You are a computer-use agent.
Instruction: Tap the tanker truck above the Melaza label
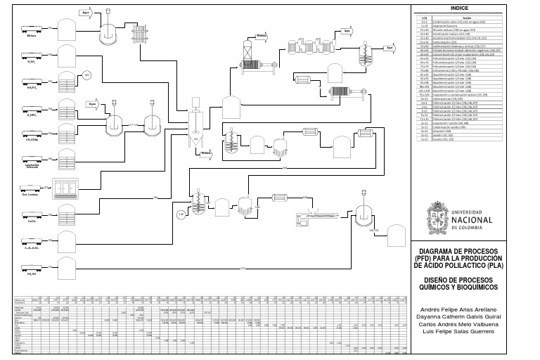click(x=32, y=27)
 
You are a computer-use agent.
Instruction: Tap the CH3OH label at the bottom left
click(x=32, y=274)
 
